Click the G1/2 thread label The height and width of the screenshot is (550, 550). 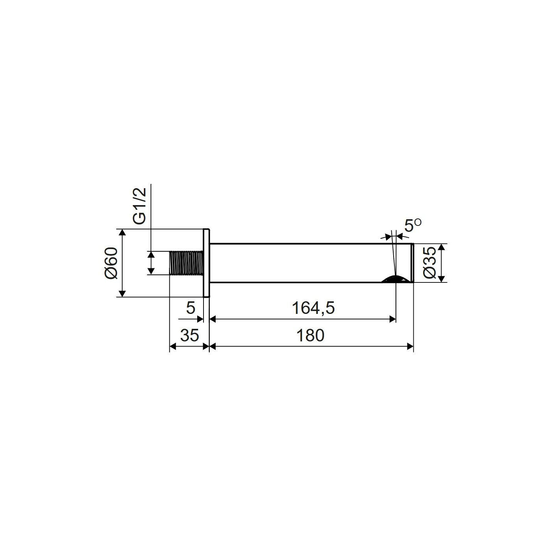[139, 206]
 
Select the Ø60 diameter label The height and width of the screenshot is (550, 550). [111, 263]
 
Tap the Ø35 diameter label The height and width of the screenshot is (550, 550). [429, 262]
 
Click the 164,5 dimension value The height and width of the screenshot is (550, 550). [313, 308]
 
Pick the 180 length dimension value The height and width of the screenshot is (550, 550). [310, 335]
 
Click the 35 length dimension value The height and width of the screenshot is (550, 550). [189, 335]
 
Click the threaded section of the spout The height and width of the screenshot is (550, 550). [186, 263]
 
